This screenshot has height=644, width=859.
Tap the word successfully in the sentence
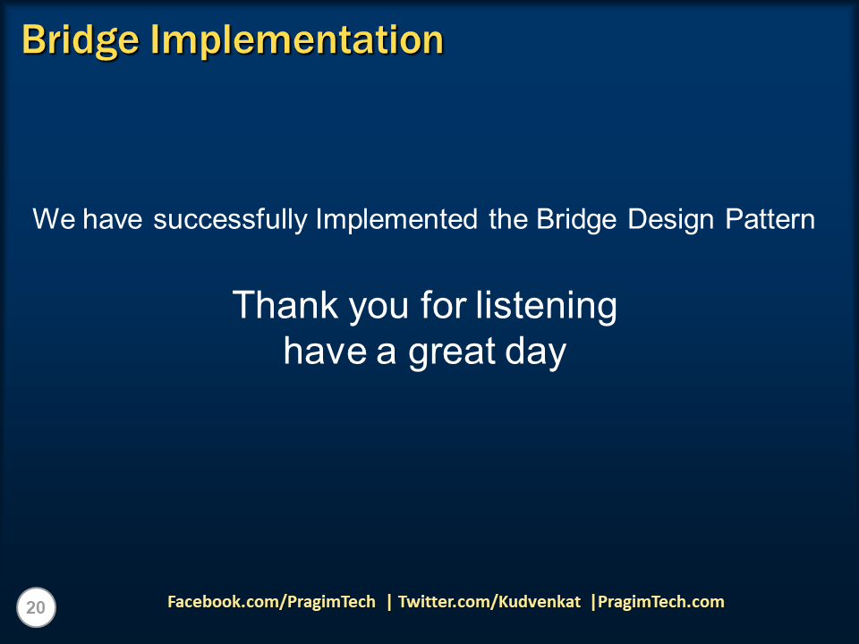tap(230, 219)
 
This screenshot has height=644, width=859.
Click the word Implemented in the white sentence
tap(396, 219)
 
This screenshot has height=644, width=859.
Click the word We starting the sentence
tap(54, 219)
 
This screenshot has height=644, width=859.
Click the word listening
tap(546, 306)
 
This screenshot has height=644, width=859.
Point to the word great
tap(451, 352)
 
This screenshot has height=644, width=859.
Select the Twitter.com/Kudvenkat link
tap(489, 602)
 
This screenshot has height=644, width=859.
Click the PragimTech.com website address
tap(660, 602)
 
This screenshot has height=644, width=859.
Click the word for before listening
tap(443, 306)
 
